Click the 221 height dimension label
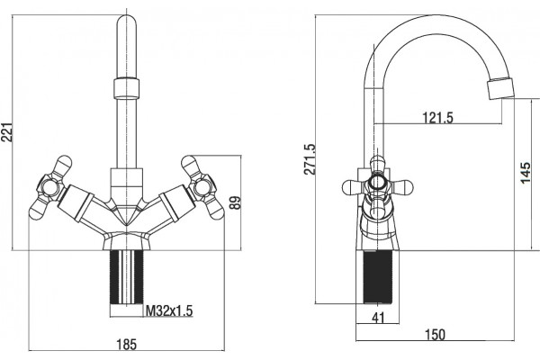point(7,132)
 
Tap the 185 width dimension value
point(126,344)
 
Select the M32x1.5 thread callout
point(169,311)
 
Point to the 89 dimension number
point(235,202)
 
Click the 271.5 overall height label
point(310,158)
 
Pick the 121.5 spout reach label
point(437,118)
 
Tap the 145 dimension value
point(526,173)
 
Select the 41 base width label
point(378,318)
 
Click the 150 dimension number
point(435,335)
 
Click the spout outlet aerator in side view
point(500,89)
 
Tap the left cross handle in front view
point(51,187)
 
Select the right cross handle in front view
point(202,187)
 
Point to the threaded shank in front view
point(126,277)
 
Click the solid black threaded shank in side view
point(378,277)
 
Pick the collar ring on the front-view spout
point(126,88)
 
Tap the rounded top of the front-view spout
point(126,22)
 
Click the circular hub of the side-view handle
point(377,182)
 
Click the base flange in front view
point(126,241)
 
